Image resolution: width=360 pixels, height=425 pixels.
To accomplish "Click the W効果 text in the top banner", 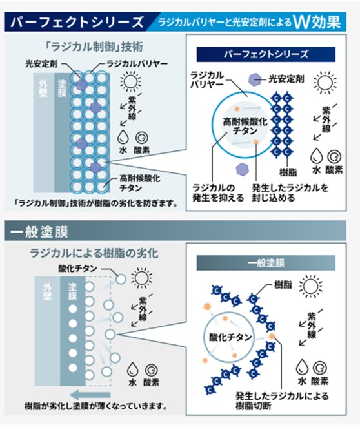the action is (317, 22).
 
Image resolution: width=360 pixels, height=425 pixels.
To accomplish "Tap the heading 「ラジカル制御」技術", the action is (94, 47).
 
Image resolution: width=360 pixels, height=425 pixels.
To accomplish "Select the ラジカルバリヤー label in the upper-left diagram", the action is (137, 64).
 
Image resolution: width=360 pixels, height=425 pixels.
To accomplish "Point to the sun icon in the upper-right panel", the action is (325, 82).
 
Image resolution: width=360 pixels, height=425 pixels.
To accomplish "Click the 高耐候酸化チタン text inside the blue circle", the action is (245, 126).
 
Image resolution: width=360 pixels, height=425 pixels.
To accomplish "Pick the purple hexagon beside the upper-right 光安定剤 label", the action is (255, 79).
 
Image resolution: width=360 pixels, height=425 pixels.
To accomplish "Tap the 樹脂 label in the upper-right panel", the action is (288, 172).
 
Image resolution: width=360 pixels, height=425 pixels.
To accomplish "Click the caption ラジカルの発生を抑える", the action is (218, 192).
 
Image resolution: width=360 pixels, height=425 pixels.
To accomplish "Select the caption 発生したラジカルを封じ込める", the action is (290, 192).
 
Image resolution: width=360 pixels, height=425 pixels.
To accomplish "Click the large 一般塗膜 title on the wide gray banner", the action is (39, 232).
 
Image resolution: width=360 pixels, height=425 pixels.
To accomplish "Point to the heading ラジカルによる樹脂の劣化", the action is (94, 253).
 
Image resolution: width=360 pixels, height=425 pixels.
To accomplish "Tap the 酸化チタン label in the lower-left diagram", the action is (77, 268).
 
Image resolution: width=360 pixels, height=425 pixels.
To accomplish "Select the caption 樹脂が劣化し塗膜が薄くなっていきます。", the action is (95, 406).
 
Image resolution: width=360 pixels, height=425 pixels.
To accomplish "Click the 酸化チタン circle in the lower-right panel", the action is (230, 337).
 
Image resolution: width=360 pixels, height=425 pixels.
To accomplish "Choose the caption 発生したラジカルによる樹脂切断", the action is (282, 400).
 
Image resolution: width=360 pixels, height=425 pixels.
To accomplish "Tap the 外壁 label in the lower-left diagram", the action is (47, 291).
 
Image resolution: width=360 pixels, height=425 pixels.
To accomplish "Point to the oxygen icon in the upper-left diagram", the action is (141, 138).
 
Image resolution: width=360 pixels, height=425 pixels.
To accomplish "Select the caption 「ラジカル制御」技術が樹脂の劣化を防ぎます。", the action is (96, 203).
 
